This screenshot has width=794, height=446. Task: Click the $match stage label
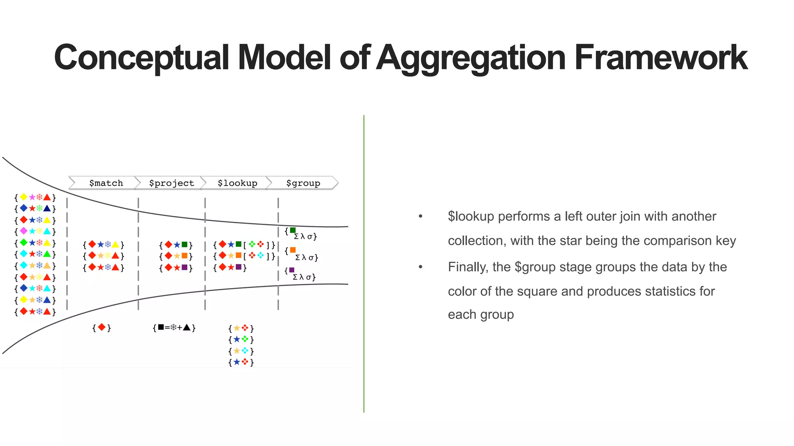coord(106,183)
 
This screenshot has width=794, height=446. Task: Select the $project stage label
coord(171,183)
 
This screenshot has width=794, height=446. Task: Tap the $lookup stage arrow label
coord(237,183)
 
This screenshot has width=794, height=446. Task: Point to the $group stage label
coord(303,183)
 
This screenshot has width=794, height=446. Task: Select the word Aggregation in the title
coord(471,58)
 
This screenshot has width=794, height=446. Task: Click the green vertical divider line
coord(364,263)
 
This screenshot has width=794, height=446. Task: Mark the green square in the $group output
coord(293,230)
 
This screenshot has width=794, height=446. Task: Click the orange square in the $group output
coord(293,250)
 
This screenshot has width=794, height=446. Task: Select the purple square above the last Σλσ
coord(292,270)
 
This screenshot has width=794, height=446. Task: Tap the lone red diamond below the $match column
coord(102,328)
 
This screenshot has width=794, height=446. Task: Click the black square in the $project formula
coord(161,328)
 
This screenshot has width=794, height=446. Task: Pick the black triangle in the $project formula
coord(187,328)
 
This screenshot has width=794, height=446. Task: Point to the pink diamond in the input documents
coord(24,231)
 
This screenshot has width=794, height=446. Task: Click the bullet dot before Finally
coord(421,267)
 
